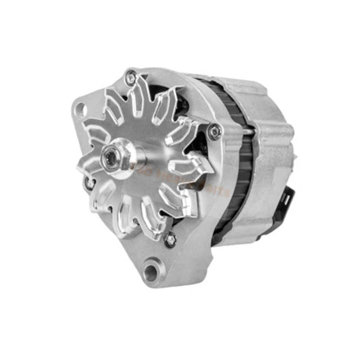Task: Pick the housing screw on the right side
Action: point(214,132)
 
